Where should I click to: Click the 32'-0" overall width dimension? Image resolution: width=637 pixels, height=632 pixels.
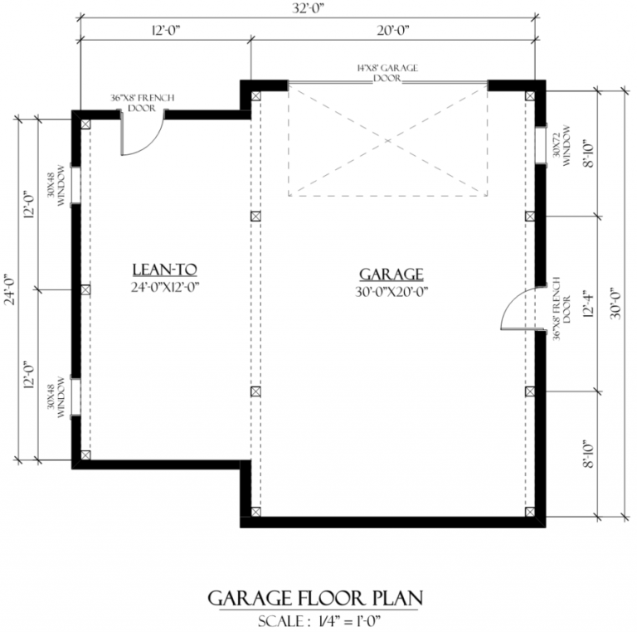click(x=308, y=8)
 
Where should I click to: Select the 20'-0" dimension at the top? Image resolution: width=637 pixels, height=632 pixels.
click(x=393, y=31)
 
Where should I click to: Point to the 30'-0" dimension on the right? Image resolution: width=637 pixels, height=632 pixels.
click(x=616, y=304)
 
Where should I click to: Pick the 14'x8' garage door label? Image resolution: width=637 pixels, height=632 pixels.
click(x=387, y=73)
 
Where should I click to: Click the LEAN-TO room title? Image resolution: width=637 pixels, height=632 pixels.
click(x=164, y=270)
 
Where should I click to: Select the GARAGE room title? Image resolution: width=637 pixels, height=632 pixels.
click(x=391, y=275)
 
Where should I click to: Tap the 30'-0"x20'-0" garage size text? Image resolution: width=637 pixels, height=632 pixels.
click(x=391, y=292)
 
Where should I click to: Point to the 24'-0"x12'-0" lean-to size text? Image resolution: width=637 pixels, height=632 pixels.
click(x=165, y=287)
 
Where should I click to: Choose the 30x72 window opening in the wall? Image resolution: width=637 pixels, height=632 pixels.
click(x=540, y=146)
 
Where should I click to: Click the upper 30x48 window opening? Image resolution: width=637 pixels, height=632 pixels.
click(x=76, y=185)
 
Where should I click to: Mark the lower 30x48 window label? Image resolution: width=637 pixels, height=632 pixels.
click(x=56, y=397)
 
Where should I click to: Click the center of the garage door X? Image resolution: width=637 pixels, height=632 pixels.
click(x=388, y=140)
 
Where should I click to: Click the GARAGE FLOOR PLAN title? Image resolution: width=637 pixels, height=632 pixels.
click(x=316, y=598)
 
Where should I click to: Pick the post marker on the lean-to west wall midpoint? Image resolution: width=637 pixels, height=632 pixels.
click(x=85, y=289)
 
